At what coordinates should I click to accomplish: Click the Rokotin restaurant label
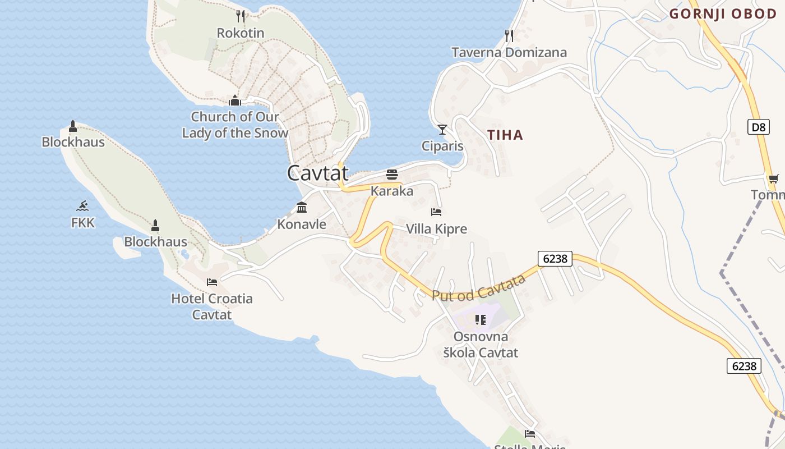click(x=241, y=33)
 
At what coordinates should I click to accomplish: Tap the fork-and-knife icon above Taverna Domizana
click(x=509, y=36)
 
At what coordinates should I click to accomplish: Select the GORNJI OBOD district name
click(x=723, y=14)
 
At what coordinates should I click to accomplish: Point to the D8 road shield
click(x=758, y=127)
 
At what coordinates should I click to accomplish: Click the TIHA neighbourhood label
click(x=505, y=135)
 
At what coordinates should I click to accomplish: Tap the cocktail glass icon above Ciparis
click(x=442, y=130)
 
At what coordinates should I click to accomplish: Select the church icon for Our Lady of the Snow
click(x=235, y=100)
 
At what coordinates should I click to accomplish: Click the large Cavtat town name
click(x=318, y=173)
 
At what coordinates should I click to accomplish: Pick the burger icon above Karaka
click(x=392, y=174)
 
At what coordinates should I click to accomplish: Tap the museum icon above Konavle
click(x=302, y=208)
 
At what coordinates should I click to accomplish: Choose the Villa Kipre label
click(x=436, y=229)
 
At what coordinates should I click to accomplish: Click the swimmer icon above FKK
click(x=83, y=206)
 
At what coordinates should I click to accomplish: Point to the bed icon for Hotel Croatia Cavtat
click(x=212, y=282)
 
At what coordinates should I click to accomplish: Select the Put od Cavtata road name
click(x=478, y=288)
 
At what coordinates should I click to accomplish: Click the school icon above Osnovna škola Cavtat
click(x=481, y=320)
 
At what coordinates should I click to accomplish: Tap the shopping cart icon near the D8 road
click(x=773, y=179)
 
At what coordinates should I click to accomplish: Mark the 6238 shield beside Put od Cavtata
click(x=555, y=258)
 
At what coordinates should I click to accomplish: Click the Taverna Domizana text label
click(x=509, y=53)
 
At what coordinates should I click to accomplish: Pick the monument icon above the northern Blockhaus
click(x=73, y=126)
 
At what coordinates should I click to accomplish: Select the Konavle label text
click(x=302, y=224)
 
